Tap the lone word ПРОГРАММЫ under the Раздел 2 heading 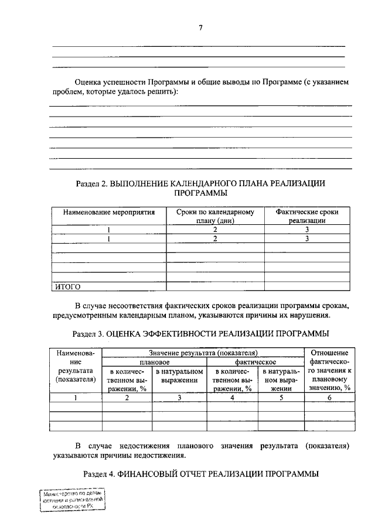(x=201, y=193)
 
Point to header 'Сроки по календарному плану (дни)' (x=215, y=217)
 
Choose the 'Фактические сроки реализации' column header (x=307, y=217)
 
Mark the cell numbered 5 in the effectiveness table (x=281, y=398)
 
